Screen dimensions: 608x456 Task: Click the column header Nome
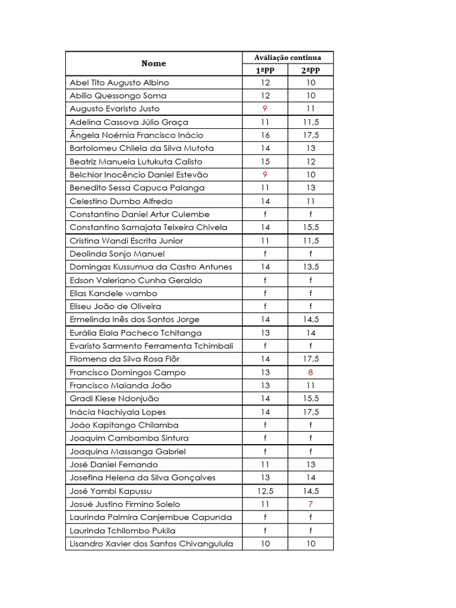pyautogui.click(x=154, y=64)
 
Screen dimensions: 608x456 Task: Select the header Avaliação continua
pyautogui.click(x=287, y=58)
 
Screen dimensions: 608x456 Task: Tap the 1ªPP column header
pyautogui.click(x=265, y=71)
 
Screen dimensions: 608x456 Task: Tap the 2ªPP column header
pyautogui.click(x=311, y=71)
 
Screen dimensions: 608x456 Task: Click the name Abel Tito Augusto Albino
pyautogui.click(x=119, y=83)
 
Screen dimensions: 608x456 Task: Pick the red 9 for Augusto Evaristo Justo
pyautogui.click(x=265, y=109)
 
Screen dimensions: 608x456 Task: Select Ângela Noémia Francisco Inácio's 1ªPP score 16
pyautogui.click(x=265, y=135)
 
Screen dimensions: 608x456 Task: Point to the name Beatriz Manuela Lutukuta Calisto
pyautogui.click(x=136, y=161)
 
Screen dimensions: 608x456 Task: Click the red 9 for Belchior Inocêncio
pyautogui.click(x=265, y=175)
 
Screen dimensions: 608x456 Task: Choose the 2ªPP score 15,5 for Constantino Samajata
pyautogui.click(x=311, y=227)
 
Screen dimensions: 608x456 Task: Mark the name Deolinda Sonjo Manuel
pyautogui.click(x=109, y=254)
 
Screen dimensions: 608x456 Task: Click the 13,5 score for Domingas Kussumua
pyautogui.click(x=311, y=267)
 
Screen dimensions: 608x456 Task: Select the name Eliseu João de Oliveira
pyautogui.click(x=115, y=306)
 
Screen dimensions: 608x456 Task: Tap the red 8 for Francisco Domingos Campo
pyautogui.click(x=311, y=372)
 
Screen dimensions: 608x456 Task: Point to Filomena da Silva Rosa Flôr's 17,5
pyautogui.click(x=311, y=359)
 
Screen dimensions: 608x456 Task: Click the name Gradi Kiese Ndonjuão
pyautogui.click(x=115, y=398)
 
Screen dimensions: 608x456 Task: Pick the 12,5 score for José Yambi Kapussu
pyautogui.click(x=265, y=491)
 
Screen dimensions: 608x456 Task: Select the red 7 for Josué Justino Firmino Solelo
pyautogui.click(x=311, y=504)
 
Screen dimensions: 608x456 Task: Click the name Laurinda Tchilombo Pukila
pyautogui.click(x=123, y=531)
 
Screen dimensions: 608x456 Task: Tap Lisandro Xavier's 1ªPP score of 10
pyautogui.click(x=265, y=544)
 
